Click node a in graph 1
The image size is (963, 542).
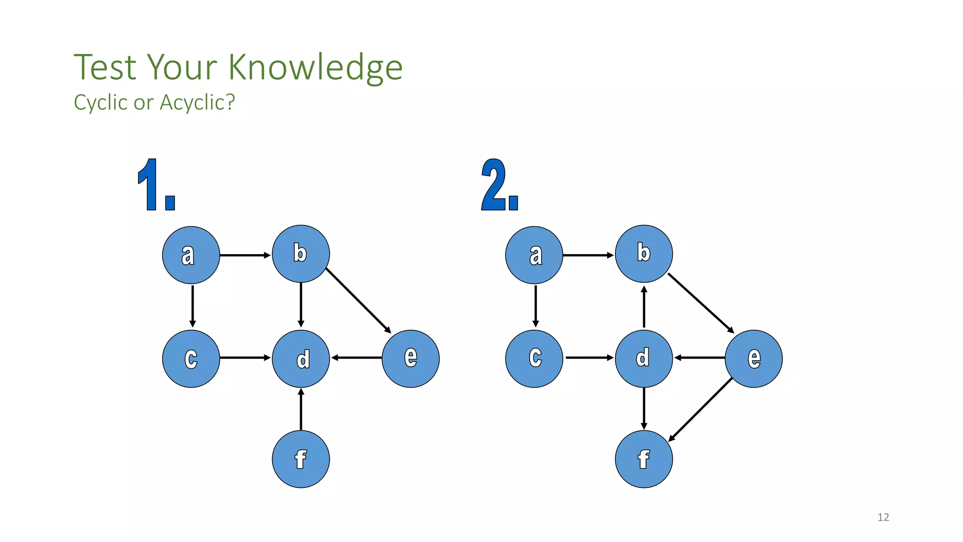[191, 255]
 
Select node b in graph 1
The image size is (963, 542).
[301, 254]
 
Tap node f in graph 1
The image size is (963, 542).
[301, 459]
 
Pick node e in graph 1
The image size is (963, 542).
[410, 359]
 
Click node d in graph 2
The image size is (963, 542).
[644, 359]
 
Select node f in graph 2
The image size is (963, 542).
[644, 459]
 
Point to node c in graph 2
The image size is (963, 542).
[534, 359]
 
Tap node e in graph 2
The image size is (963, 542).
[754, 359]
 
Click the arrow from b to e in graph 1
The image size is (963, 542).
[358, 301]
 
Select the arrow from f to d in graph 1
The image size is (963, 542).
[301, 409]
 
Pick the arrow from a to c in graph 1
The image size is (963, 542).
[192, 306]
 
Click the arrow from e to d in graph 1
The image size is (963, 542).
[356, 358]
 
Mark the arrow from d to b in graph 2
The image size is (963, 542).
[644, 307]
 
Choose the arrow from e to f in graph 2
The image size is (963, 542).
[701, 410]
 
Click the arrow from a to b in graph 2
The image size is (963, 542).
[588, 255]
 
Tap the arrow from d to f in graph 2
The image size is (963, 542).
[644, 408]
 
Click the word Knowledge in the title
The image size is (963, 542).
[316, 68]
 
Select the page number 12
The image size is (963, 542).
[883, 518]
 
